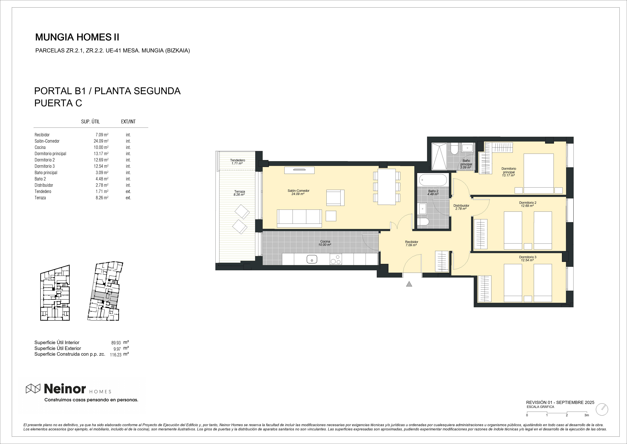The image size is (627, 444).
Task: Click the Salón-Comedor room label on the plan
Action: click(x=298, y=191)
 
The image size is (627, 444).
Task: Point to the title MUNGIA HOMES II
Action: click(x=77, y=37)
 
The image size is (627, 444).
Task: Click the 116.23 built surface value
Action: click(x=116, y=355)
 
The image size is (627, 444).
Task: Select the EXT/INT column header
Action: click(x=128, y=122)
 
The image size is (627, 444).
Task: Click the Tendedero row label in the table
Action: click(x=43, y=191)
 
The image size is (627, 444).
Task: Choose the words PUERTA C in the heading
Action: click(x=58, y=103)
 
